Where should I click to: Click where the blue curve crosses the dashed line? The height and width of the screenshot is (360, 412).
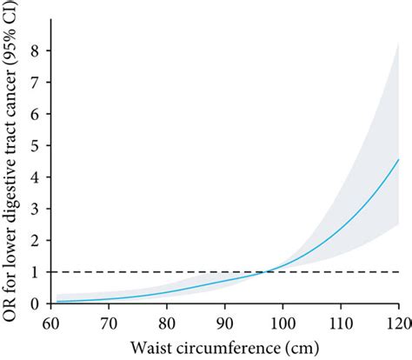point(264,272)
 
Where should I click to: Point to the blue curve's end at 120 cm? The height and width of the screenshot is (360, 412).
point(398,159)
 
